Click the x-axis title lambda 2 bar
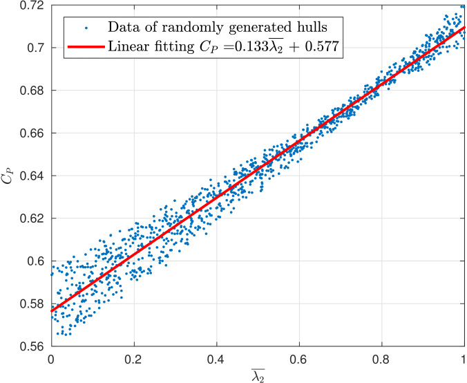[x=258, y=375]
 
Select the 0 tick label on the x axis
[x=51, y=359]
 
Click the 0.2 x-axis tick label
[x=133, y=359]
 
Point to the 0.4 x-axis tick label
[x=216, y=359]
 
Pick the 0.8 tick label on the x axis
[x=381, y=359]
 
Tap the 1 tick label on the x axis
[x=464, y=359]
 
